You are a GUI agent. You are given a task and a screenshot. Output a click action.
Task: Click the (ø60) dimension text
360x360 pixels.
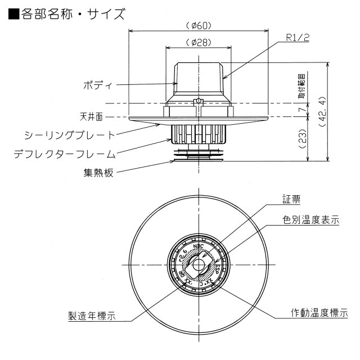coord(197,25)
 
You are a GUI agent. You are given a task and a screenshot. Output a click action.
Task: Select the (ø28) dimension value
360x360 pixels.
coord(197,43)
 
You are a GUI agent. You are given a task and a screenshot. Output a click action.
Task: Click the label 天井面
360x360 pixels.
coord(91,117)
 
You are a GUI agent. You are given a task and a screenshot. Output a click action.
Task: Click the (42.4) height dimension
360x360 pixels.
coord(322,112)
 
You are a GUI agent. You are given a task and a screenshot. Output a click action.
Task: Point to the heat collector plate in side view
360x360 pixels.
coord(197,157)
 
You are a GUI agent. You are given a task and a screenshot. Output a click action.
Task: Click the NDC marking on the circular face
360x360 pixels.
coord(197,246)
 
